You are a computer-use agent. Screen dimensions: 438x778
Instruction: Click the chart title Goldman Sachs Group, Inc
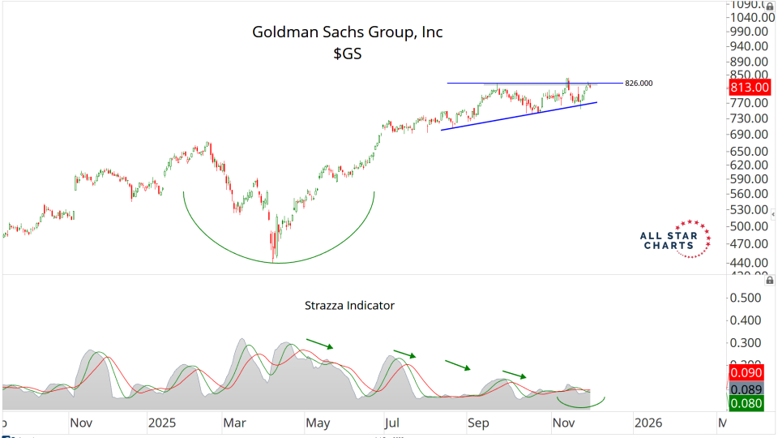[x=348, y=32]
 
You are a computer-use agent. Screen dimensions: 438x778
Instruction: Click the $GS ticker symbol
[x=347, y=55]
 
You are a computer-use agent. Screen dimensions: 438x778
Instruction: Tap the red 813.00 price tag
[x=749, y=88]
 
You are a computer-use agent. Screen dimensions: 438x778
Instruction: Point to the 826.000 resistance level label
[x=639, y=84]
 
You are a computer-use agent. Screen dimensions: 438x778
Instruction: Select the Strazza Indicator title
[x=349, y=306]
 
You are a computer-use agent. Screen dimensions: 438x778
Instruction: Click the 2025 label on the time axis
[x=162, y=423]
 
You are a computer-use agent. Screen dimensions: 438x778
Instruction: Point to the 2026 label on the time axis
[x=648, y=423]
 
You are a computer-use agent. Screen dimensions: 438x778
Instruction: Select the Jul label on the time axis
[x=393, y=423]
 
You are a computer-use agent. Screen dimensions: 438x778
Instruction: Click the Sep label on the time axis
[x=478, y=423]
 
